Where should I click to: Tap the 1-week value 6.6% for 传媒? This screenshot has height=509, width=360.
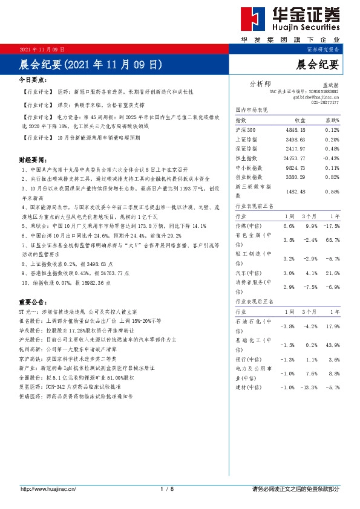tap(288, 225)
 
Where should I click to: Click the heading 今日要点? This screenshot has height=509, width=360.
tap(33, 79)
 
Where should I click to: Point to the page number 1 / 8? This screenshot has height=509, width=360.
tap(168, 488)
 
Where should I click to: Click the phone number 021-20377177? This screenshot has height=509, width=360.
tap(325, 103)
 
